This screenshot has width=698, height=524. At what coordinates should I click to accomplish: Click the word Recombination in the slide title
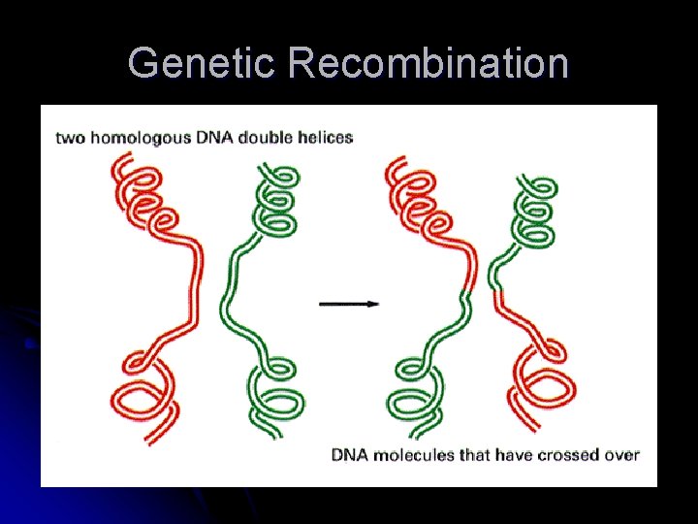point(428,63)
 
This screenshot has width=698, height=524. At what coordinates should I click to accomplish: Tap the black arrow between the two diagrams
point(349,304)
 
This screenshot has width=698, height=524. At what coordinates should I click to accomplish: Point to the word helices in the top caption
point(325,137)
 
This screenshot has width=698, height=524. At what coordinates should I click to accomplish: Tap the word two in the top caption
point(70,137)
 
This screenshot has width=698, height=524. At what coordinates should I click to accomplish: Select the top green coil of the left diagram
point(276,204)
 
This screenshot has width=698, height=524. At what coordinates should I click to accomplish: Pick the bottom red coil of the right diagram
point(544,383)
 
